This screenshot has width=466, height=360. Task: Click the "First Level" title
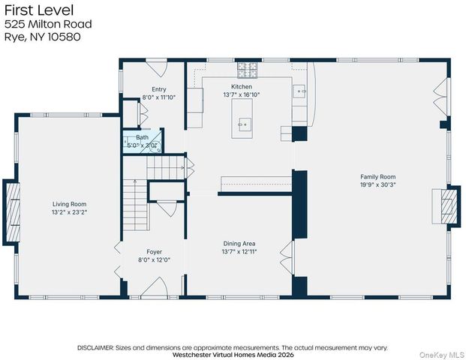[x=39, y=10]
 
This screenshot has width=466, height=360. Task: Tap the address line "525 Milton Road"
[x=48, y=24]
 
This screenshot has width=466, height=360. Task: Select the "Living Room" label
[x=70, y=204]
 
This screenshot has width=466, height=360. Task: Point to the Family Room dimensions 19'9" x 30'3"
[x=378, y=184]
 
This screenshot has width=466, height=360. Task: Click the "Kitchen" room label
[x=242, y=87]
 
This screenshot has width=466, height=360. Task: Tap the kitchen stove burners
[x=248, y=70]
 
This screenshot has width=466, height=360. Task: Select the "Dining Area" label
[x=239, y=244]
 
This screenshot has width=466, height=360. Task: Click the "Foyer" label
[x=155, y=252]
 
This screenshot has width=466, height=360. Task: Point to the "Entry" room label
[x=159, y=89]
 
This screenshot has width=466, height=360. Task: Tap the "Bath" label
[x=143, y=137]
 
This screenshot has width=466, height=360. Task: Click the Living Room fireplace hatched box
[x=12, y=213]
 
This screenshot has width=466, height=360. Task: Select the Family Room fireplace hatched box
[x=449, y=206]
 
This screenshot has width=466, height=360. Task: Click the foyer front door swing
[x=155, y=286]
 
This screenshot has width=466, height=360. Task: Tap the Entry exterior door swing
[x=157, y=69]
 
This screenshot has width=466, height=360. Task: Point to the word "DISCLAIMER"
[x=95, y=348]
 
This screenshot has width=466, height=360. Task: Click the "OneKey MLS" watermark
[x=441, y=355]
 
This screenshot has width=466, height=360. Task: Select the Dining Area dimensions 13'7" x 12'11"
[x=239, y=252]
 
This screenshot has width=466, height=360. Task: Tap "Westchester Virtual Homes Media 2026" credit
[x=233, y=355]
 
